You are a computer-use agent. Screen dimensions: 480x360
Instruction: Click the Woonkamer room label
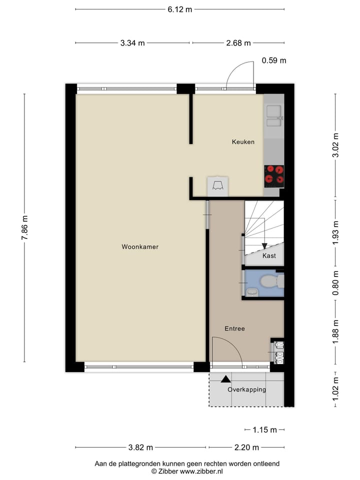(140, 246)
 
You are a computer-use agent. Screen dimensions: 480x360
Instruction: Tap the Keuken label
(243, 142)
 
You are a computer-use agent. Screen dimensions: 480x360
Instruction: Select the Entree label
(234, 328)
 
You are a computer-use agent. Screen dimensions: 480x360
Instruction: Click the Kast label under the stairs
(269, 256)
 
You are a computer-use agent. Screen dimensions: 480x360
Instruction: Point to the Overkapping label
(246, 389)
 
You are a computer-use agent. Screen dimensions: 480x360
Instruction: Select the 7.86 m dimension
(24, 228)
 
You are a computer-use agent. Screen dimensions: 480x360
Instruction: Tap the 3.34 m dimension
(132, 43)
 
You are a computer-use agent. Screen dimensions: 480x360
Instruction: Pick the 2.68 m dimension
(238, 43)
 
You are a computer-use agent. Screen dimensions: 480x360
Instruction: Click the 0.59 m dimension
(274, 61)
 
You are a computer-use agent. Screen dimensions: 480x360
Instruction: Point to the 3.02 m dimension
(336, 145)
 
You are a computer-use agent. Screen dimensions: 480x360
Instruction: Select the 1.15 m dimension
(264, 429)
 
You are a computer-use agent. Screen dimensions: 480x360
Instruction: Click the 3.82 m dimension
(140, 447)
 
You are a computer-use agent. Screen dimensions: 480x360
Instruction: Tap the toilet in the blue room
(270, 282)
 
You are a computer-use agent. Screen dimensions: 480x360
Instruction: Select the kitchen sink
(274, 111)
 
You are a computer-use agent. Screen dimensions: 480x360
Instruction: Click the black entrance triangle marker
(226, 379)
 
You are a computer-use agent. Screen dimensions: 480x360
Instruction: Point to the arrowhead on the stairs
(264, 245)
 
